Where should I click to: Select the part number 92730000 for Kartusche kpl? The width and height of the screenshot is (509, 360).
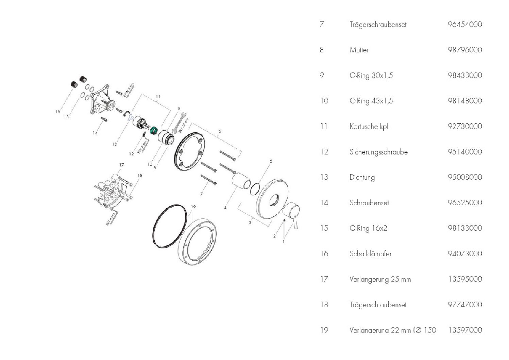tap(464, 126)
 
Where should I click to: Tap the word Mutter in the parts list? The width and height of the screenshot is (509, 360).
tap(359, 50)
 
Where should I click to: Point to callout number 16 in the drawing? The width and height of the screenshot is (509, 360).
tap(57, 112)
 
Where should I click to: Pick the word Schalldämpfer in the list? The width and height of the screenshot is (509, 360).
tap(370, 253)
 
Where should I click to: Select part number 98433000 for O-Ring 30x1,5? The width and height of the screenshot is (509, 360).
tap(464, 75)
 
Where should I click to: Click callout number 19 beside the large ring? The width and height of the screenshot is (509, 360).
tap(193, 207)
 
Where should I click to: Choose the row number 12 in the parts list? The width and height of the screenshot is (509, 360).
tap(324, 152)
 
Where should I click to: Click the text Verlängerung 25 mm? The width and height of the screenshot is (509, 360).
tap(380, 279)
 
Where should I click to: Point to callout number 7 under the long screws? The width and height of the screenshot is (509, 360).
tap(201, 194)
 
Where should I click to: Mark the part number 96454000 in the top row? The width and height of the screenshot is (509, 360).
tap(464, 24)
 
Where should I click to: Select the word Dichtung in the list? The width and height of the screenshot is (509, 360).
tap(362, 177)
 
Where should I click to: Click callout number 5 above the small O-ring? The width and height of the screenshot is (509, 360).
tap(271, 161)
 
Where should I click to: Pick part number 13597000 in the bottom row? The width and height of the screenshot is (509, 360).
tap(464, 330)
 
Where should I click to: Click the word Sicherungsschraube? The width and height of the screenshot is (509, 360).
tap(378, 152)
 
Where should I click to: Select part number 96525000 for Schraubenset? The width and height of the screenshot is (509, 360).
tap(464, 203)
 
